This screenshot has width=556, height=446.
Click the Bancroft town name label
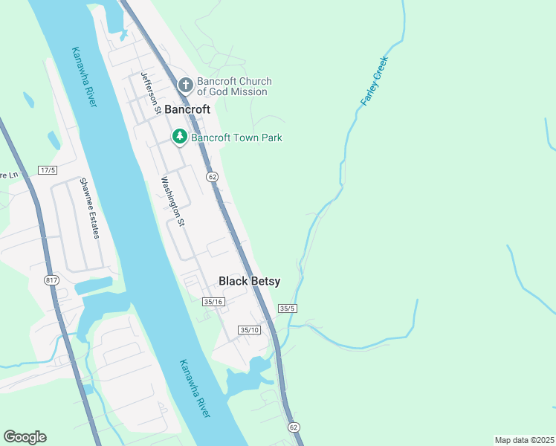pos(187,109)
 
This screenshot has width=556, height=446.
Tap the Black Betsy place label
pos(249,281)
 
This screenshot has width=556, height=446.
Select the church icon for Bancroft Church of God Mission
pos(185,86)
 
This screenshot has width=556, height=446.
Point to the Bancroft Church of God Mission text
pos(233,86)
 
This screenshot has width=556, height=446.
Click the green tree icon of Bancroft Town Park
pos(179,137)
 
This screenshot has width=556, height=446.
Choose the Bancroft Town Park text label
pos(236,138)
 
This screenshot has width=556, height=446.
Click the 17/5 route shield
pos(48,170)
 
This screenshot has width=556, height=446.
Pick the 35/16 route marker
pos(213,301)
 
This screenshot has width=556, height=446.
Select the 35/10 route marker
pos(250,329)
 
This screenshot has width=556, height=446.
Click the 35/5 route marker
pos(288,308)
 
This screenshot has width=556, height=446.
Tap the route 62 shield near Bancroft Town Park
pos(213,176)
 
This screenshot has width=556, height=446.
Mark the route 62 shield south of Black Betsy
pos(294,427)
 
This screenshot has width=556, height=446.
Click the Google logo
pos(25,437)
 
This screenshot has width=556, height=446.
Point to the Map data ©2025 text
pos(524,440)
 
